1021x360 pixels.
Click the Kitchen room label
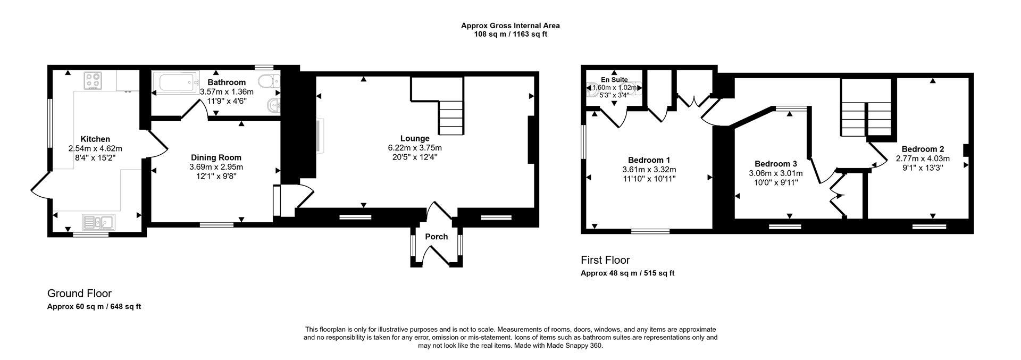[95, 139]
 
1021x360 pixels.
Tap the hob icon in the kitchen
[93, 80]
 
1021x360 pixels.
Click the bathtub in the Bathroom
[174, 84]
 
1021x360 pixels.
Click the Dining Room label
[216, 157]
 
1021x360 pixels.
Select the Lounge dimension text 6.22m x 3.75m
[415, 148]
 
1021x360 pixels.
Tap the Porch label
[436, 237]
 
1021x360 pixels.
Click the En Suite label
[614, 80]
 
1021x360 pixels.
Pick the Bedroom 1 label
[649, 160]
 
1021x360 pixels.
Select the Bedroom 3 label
[775, 164]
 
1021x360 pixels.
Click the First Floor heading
[605, 260]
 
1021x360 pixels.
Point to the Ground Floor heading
[79, 294]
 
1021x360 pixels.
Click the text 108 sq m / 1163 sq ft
[510, 34]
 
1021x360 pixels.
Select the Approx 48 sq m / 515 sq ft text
[627, 273]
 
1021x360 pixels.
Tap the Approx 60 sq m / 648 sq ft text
[94, 307]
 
